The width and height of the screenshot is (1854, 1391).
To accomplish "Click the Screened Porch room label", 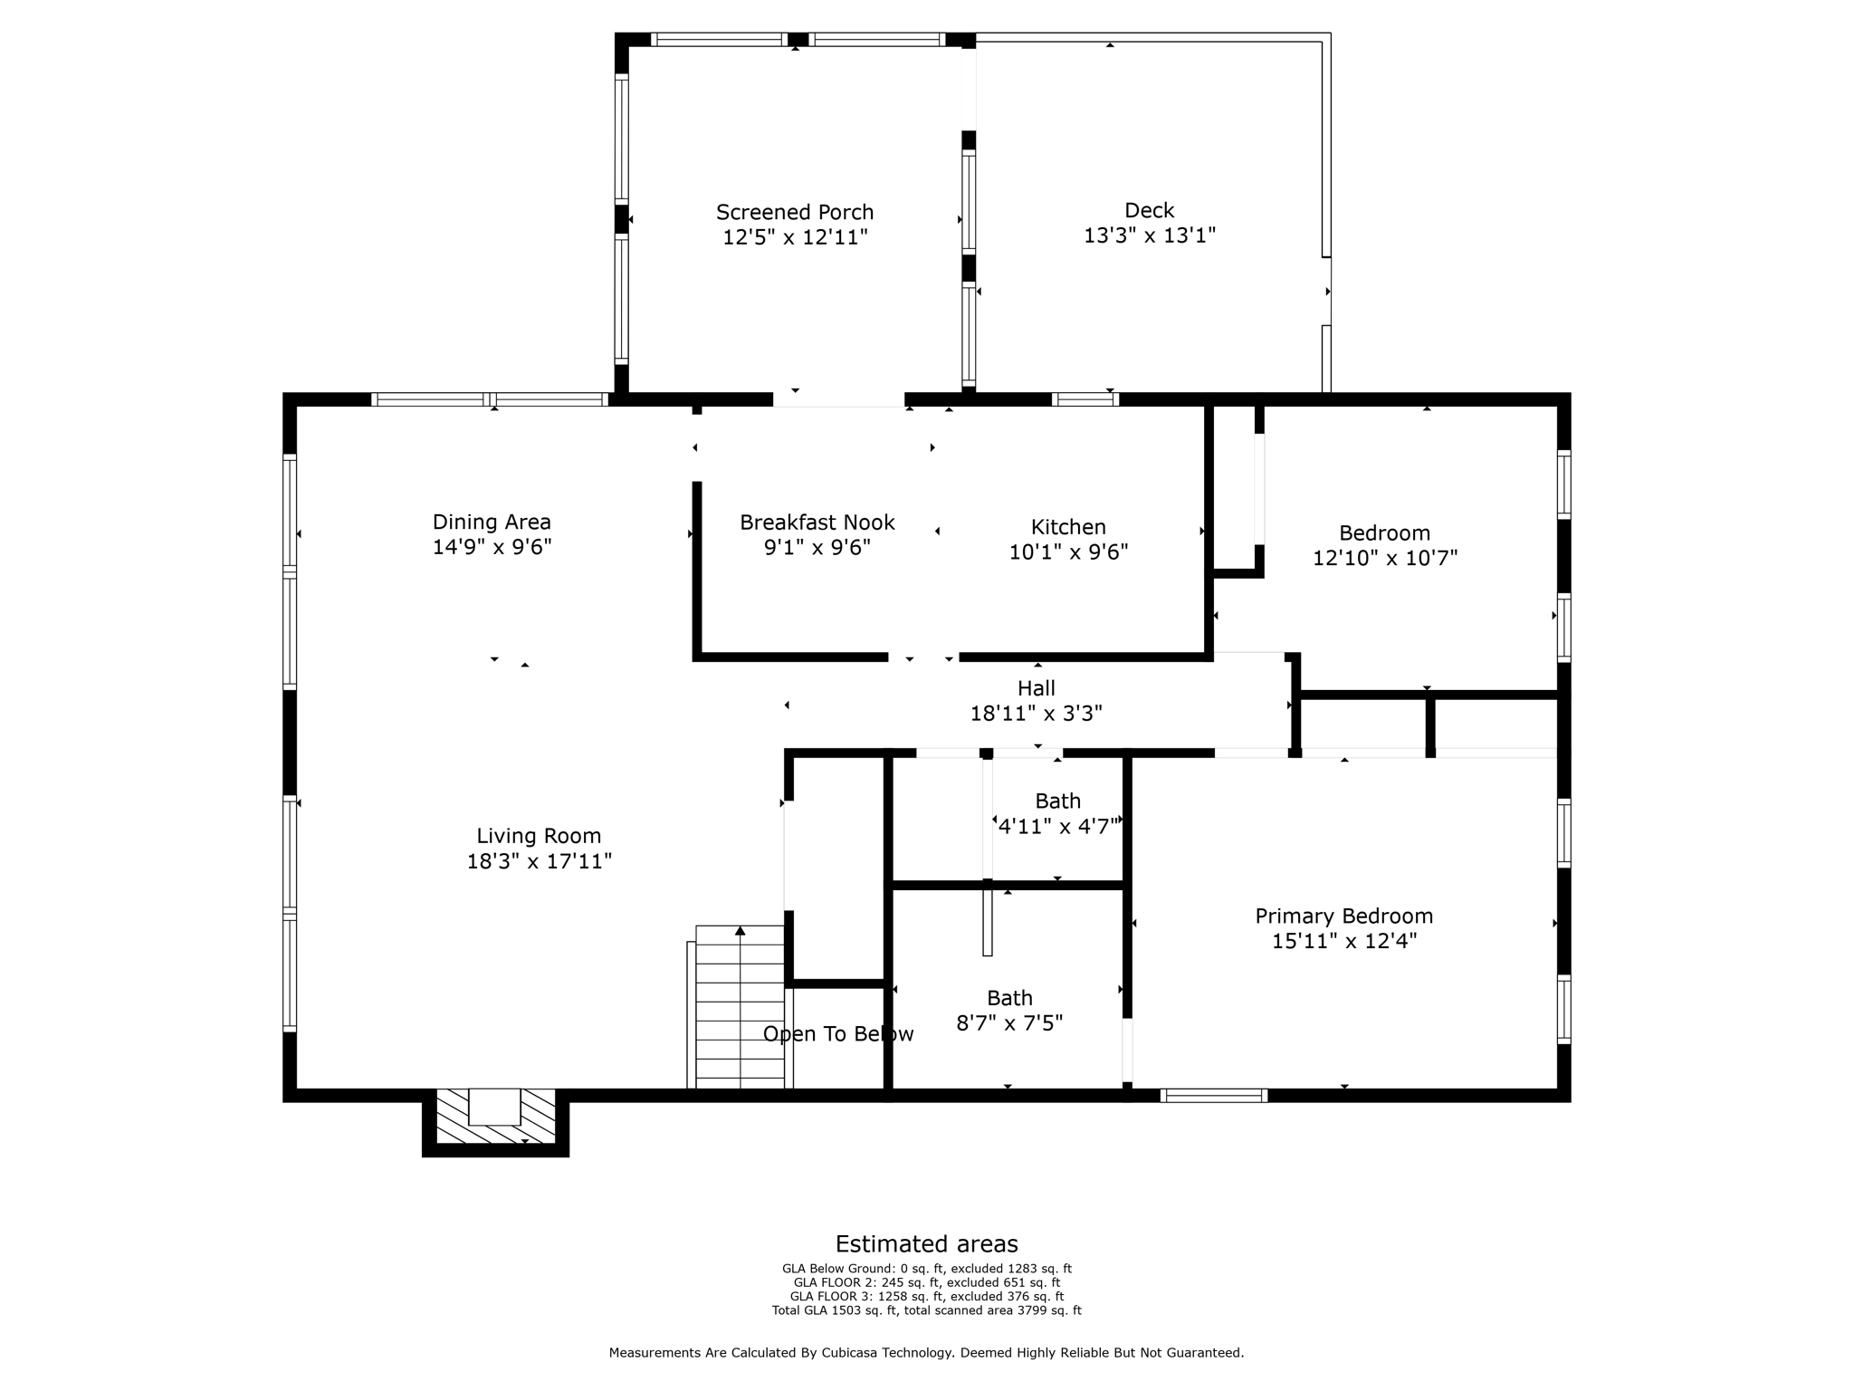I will tap(795, 212).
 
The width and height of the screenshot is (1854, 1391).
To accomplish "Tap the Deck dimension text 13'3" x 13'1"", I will tap(1149, 235).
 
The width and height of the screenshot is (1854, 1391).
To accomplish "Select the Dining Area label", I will tap(492, 522).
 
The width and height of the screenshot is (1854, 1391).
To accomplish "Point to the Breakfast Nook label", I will tap(817, 523).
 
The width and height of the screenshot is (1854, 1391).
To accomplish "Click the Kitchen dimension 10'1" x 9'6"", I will tap(1068, 552).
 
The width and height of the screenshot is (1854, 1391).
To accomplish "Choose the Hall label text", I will tap(1036, 688).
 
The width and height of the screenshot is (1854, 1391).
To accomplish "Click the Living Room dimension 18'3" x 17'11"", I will tap(539, 861).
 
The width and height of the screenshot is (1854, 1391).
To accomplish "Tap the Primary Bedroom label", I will tap(1343, 916).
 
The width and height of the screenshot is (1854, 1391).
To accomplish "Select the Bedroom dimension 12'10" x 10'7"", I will tap(1384, 558).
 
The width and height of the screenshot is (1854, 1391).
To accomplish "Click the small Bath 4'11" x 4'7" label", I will tap(1057, 801).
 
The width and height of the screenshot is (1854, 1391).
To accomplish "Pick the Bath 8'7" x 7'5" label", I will tap(1009, 998).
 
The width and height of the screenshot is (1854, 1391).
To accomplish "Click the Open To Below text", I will tap(838, 1034).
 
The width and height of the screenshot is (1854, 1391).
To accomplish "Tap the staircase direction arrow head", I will tap(740, 931).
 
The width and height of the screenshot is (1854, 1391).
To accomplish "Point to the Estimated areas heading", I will tap(926, 1243).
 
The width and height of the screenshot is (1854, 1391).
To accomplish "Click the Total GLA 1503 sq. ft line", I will tap(926, 1310).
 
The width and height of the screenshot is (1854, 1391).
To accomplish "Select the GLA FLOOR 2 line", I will tap(926, 1282).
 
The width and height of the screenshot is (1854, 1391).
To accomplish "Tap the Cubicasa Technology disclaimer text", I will tap(926, 1353).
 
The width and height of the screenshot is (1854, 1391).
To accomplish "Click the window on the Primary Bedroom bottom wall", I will tap(1213, 1096).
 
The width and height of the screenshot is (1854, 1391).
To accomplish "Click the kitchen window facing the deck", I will tap(1085, 399).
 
